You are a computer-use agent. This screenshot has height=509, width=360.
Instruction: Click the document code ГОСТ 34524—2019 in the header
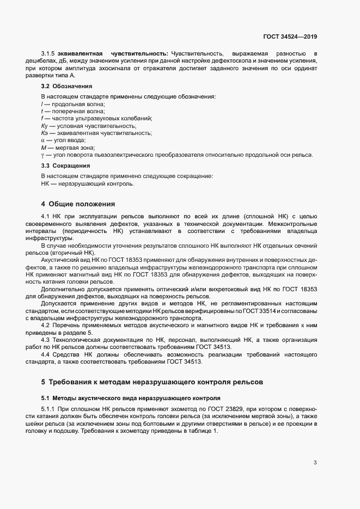tap(290, 37)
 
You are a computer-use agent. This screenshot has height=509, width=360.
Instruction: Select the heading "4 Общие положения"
tap(78, 204)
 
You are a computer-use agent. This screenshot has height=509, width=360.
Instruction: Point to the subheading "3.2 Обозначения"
tap(66, 86)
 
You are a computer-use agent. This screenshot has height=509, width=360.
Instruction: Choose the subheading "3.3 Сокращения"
tap(66, 165)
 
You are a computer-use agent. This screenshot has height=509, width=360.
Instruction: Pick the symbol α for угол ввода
tap(43, 140)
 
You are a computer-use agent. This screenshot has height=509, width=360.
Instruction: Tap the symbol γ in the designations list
tap(42, 155)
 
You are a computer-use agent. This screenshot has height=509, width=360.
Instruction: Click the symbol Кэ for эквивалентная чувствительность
tap(45, 133)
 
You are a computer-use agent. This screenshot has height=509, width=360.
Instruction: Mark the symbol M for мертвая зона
tap(43, 148)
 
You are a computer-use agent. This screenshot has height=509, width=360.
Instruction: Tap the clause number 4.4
tap(46, 354)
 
